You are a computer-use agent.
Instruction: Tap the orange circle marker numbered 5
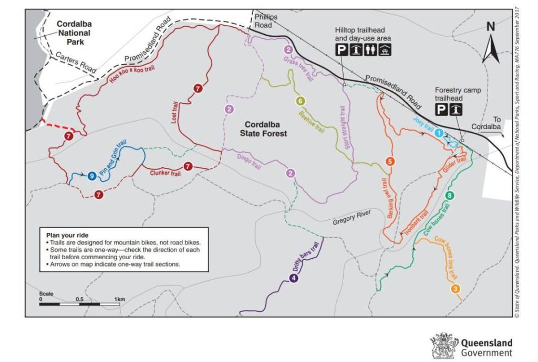coord(389,161)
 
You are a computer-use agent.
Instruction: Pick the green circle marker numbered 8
coord(449,196)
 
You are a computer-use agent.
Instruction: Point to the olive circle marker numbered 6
coord(300,101)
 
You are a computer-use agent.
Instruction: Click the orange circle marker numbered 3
coord(456,288)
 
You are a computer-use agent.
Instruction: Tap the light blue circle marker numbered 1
coord(439,133)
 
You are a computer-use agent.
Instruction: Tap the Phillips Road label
coord(265,21)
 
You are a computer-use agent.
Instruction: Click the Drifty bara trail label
coord(306,257)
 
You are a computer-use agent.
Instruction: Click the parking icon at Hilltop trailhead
coord(342,50)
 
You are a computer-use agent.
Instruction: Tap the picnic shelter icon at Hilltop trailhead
coord(386,50)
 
